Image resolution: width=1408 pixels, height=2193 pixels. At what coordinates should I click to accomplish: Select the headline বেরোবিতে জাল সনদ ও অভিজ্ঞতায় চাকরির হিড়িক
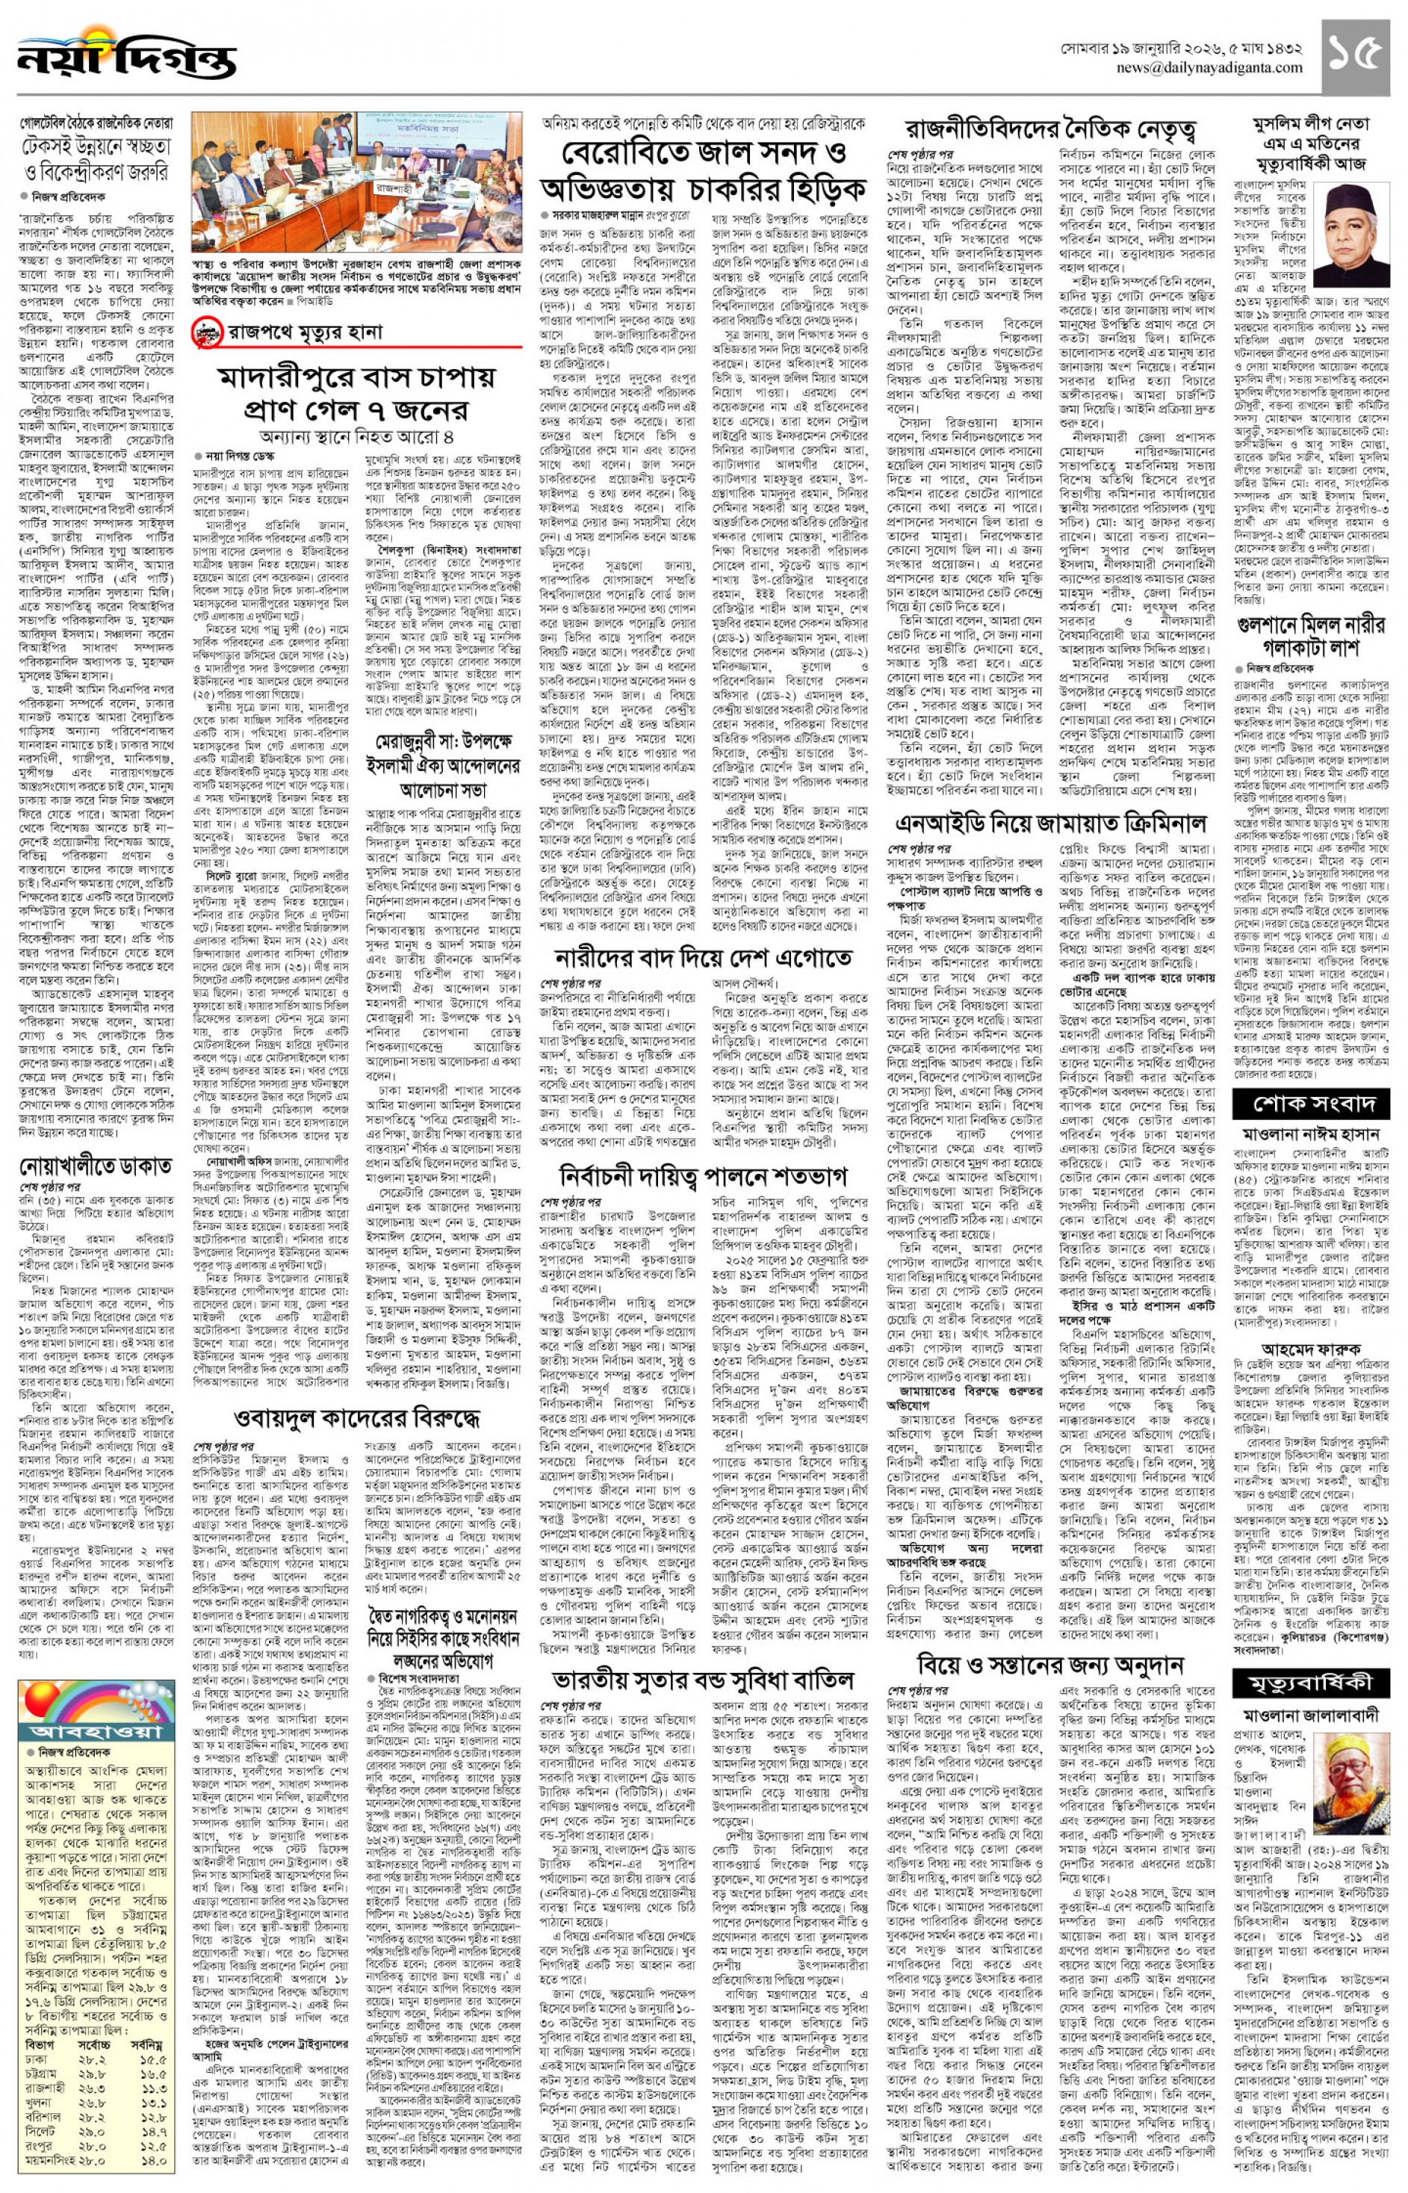click(x=702, y=171)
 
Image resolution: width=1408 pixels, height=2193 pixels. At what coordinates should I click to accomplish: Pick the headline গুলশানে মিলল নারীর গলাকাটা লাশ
click(x=1310, y=637)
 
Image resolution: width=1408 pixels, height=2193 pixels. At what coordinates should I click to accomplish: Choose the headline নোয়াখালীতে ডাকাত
click(x=96, y=1167)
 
